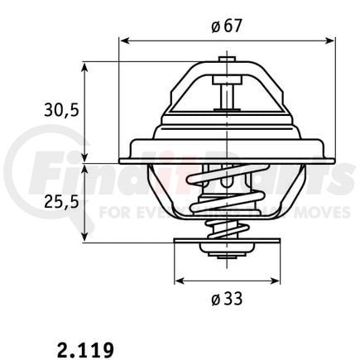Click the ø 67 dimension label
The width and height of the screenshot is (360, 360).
[x=226, y=26]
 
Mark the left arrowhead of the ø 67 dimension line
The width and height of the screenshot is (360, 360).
[x=123, y=39]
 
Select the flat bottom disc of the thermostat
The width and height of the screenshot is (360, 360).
[x=224, y=245]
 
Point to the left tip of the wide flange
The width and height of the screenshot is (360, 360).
[x=122, y=160]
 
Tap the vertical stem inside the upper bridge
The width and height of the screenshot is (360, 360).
[x=224, y=94]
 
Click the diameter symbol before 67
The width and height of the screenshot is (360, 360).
[x=215, y=26]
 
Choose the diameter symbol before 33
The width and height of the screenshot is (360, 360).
[x=215, y=298]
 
